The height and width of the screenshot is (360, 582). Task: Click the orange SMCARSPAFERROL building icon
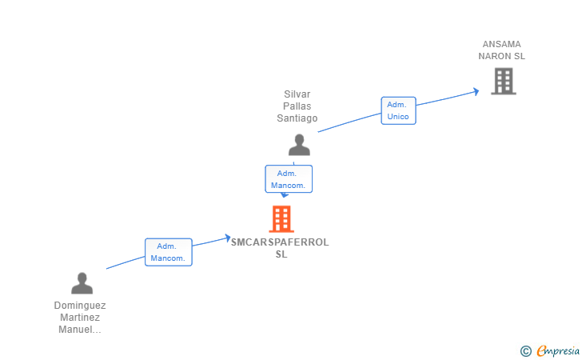click(281, 219)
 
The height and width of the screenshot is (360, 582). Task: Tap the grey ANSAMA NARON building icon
click(504, 81)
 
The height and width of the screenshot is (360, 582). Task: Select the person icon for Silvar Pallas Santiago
click(299, 145)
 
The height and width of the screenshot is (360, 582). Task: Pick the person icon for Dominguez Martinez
click(82, 283)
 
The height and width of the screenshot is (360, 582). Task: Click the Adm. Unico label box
click(398, 110)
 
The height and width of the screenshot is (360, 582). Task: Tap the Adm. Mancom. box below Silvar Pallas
click(289, 179)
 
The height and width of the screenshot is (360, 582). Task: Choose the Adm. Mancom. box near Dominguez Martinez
click(169, 252)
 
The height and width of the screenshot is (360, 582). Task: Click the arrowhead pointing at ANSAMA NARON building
click(476, 91)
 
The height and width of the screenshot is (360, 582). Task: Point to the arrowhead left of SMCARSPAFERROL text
click(228, 238)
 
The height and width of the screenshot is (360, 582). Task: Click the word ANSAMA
click(501, 44)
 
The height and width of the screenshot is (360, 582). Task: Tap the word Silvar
click(297, 94)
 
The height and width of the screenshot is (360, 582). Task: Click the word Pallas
click(297, 106)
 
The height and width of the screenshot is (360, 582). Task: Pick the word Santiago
click(297, 118)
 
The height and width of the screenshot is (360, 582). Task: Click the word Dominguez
click(80, 306)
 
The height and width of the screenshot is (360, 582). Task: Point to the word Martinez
click(80, 318)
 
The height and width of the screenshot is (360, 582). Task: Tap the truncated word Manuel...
click(80, 329)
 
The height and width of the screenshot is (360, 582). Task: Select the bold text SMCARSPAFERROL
click(280, 242)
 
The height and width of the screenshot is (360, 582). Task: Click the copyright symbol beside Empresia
click(525, 351)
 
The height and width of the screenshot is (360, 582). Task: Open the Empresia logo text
click(558, 350)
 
